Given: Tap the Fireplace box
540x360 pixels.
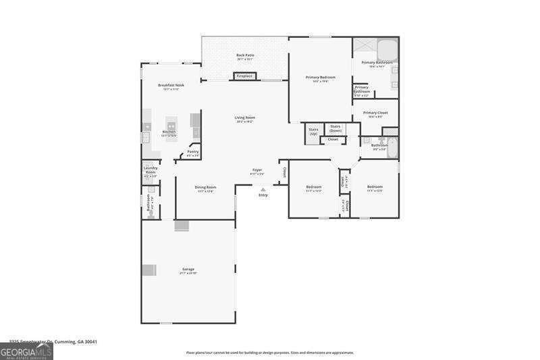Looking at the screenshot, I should coord(244,76).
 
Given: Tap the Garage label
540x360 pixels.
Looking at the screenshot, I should coord(188,269).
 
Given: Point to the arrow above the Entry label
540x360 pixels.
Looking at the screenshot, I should coord(263,189).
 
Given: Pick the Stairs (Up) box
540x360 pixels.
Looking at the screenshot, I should coord(313,131).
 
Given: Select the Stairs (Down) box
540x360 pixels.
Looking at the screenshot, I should coord(335,128).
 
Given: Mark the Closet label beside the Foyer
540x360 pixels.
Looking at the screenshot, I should coord(284,174).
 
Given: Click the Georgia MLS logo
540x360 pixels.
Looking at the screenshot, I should coord(26,352).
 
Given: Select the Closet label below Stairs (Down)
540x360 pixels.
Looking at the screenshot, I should coord(333,140).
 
